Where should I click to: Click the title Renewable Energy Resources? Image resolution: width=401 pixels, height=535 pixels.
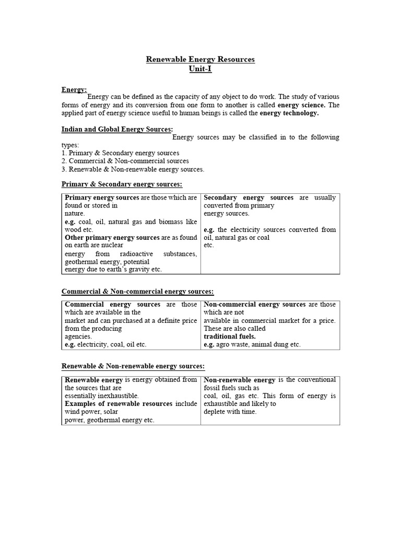(x=200, y=60)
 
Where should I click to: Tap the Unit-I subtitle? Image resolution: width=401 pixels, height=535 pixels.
(x=200, y=69)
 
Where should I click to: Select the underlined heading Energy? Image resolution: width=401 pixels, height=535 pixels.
(x=74, y=89)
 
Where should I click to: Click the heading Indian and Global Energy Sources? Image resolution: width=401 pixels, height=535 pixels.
(x=117, y=129)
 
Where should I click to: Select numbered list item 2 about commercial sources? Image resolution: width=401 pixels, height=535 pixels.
(x=125, y=161)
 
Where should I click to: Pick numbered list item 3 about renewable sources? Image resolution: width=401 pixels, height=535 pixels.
(x=133, y=169)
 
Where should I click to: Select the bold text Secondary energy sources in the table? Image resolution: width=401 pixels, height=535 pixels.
(x=249, y=198)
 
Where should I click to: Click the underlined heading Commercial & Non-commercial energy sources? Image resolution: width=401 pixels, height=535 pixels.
(x=138, y=292)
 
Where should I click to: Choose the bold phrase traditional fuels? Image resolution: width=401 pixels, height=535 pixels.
(x=229, y=337)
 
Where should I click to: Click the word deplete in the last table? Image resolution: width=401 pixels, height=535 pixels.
(x=214, y=412)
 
